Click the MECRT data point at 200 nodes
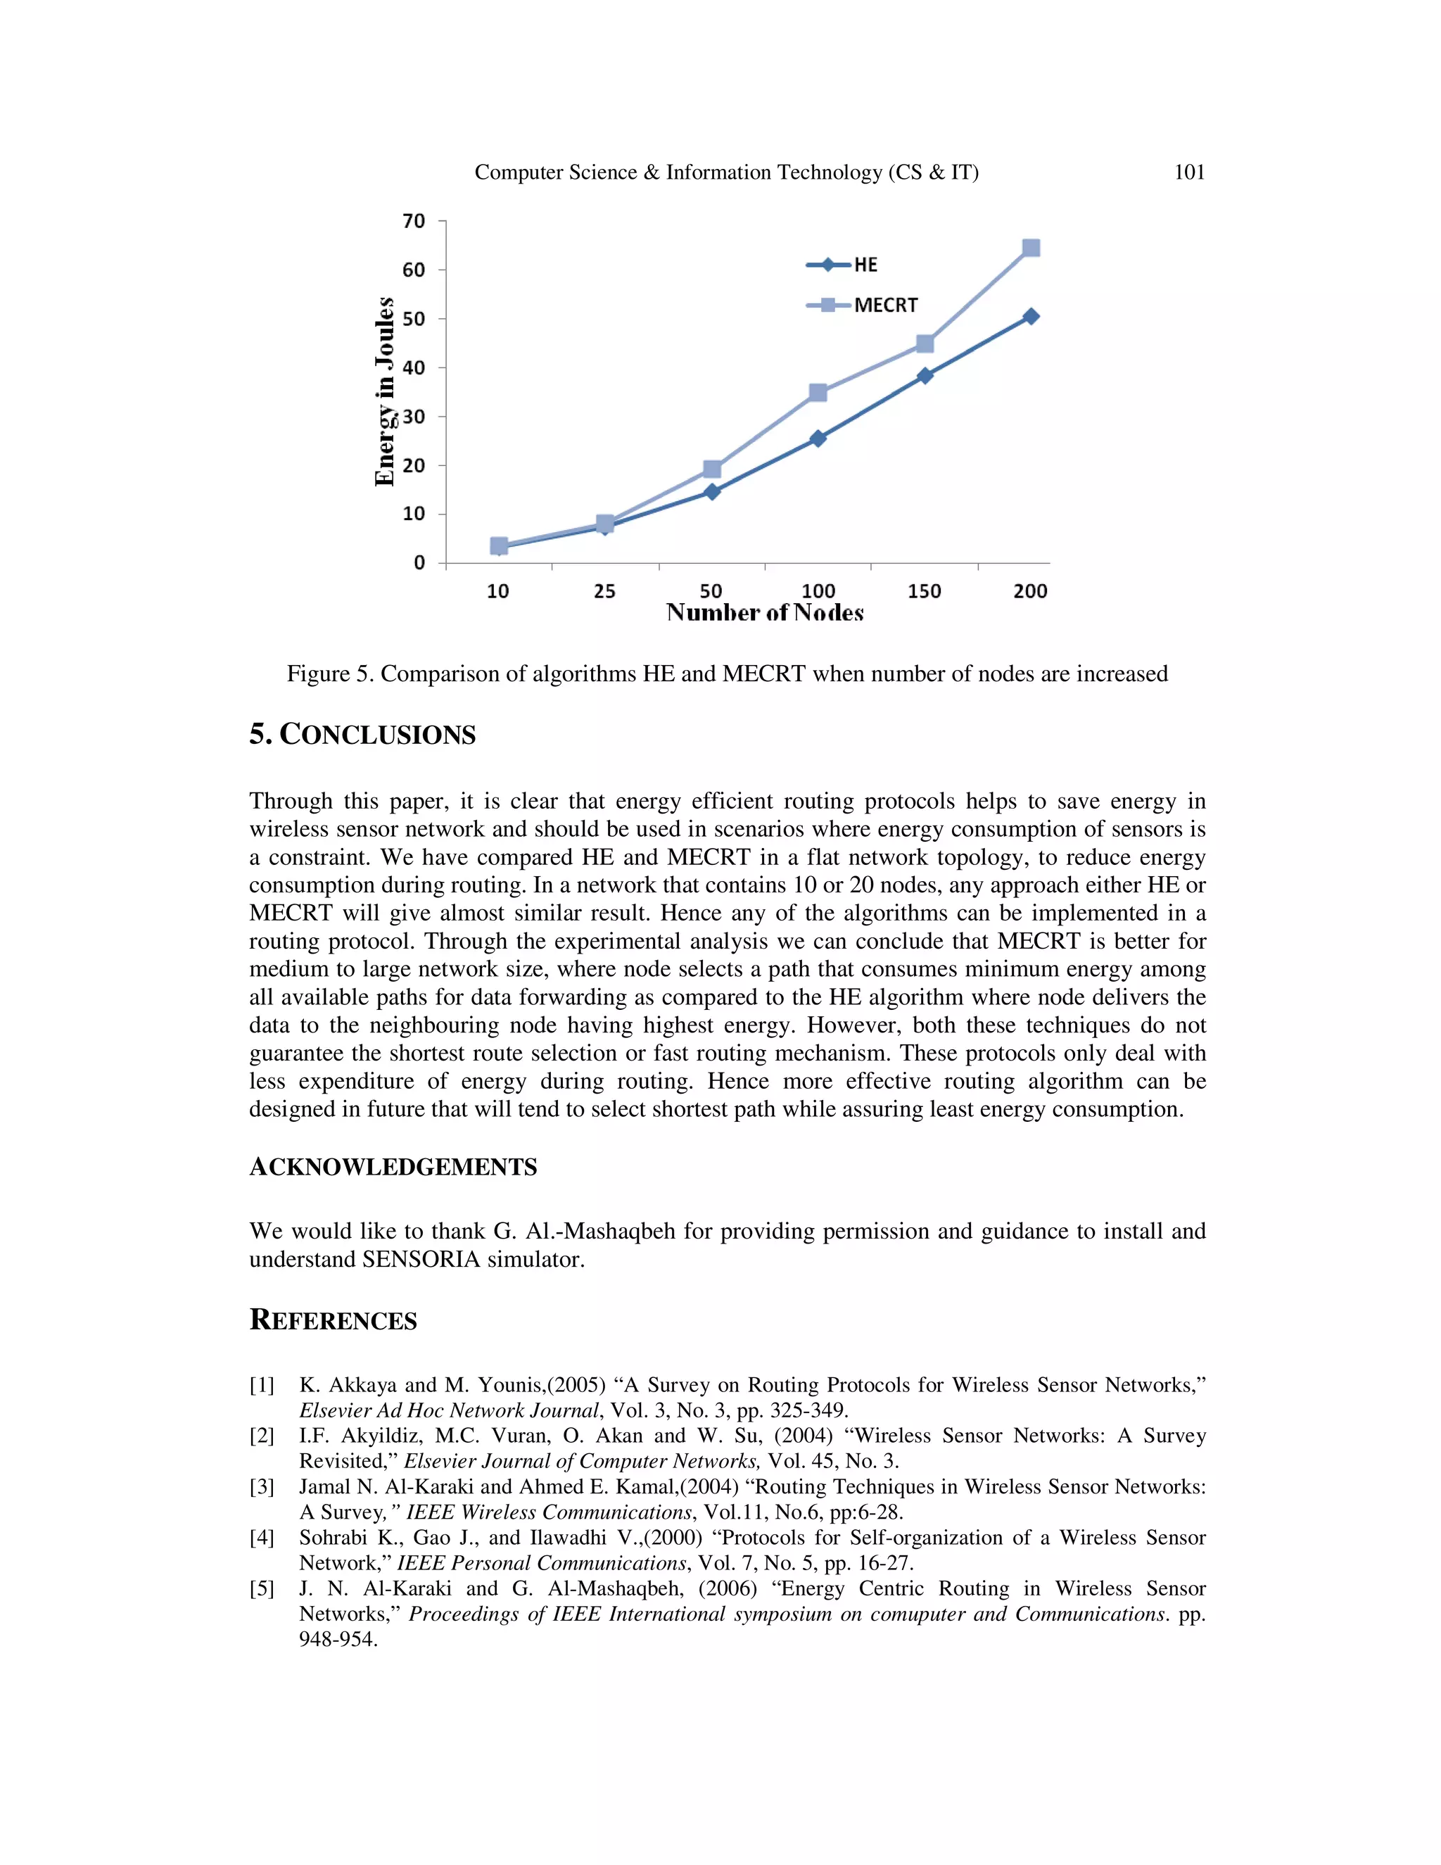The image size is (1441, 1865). coord(1030,248)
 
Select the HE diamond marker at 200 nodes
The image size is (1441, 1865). coord(1030,317)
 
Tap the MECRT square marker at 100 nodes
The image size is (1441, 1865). coord(818,393)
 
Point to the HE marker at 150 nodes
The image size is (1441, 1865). coord(925,376)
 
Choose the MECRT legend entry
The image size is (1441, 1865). coord(885,305)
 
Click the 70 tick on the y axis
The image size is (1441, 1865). coord(414,221)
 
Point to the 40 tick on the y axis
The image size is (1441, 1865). coord(414,368)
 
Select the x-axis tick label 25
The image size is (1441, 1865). coord(604,591)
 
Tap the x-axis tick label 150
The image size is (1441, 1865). coord(925,591)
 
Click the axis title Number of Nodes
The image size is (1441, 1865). coord(765,613)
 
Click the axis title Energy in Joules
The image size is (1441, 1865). coord(386,392)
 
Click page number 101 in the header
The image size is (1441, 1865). coord(1189,172)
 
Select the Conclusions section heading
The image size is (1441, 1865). coord(363,734)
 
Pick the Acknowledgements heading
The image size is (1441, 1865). coord(393,1168)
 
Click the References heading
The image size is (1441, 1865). coord(333,1320)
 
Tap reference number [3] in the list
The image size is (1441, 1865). coord(261,1486)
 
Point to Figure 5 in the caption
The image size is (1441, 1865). coord(329,674)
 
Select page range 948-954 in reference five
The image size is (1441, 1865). coord(337,1638)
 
